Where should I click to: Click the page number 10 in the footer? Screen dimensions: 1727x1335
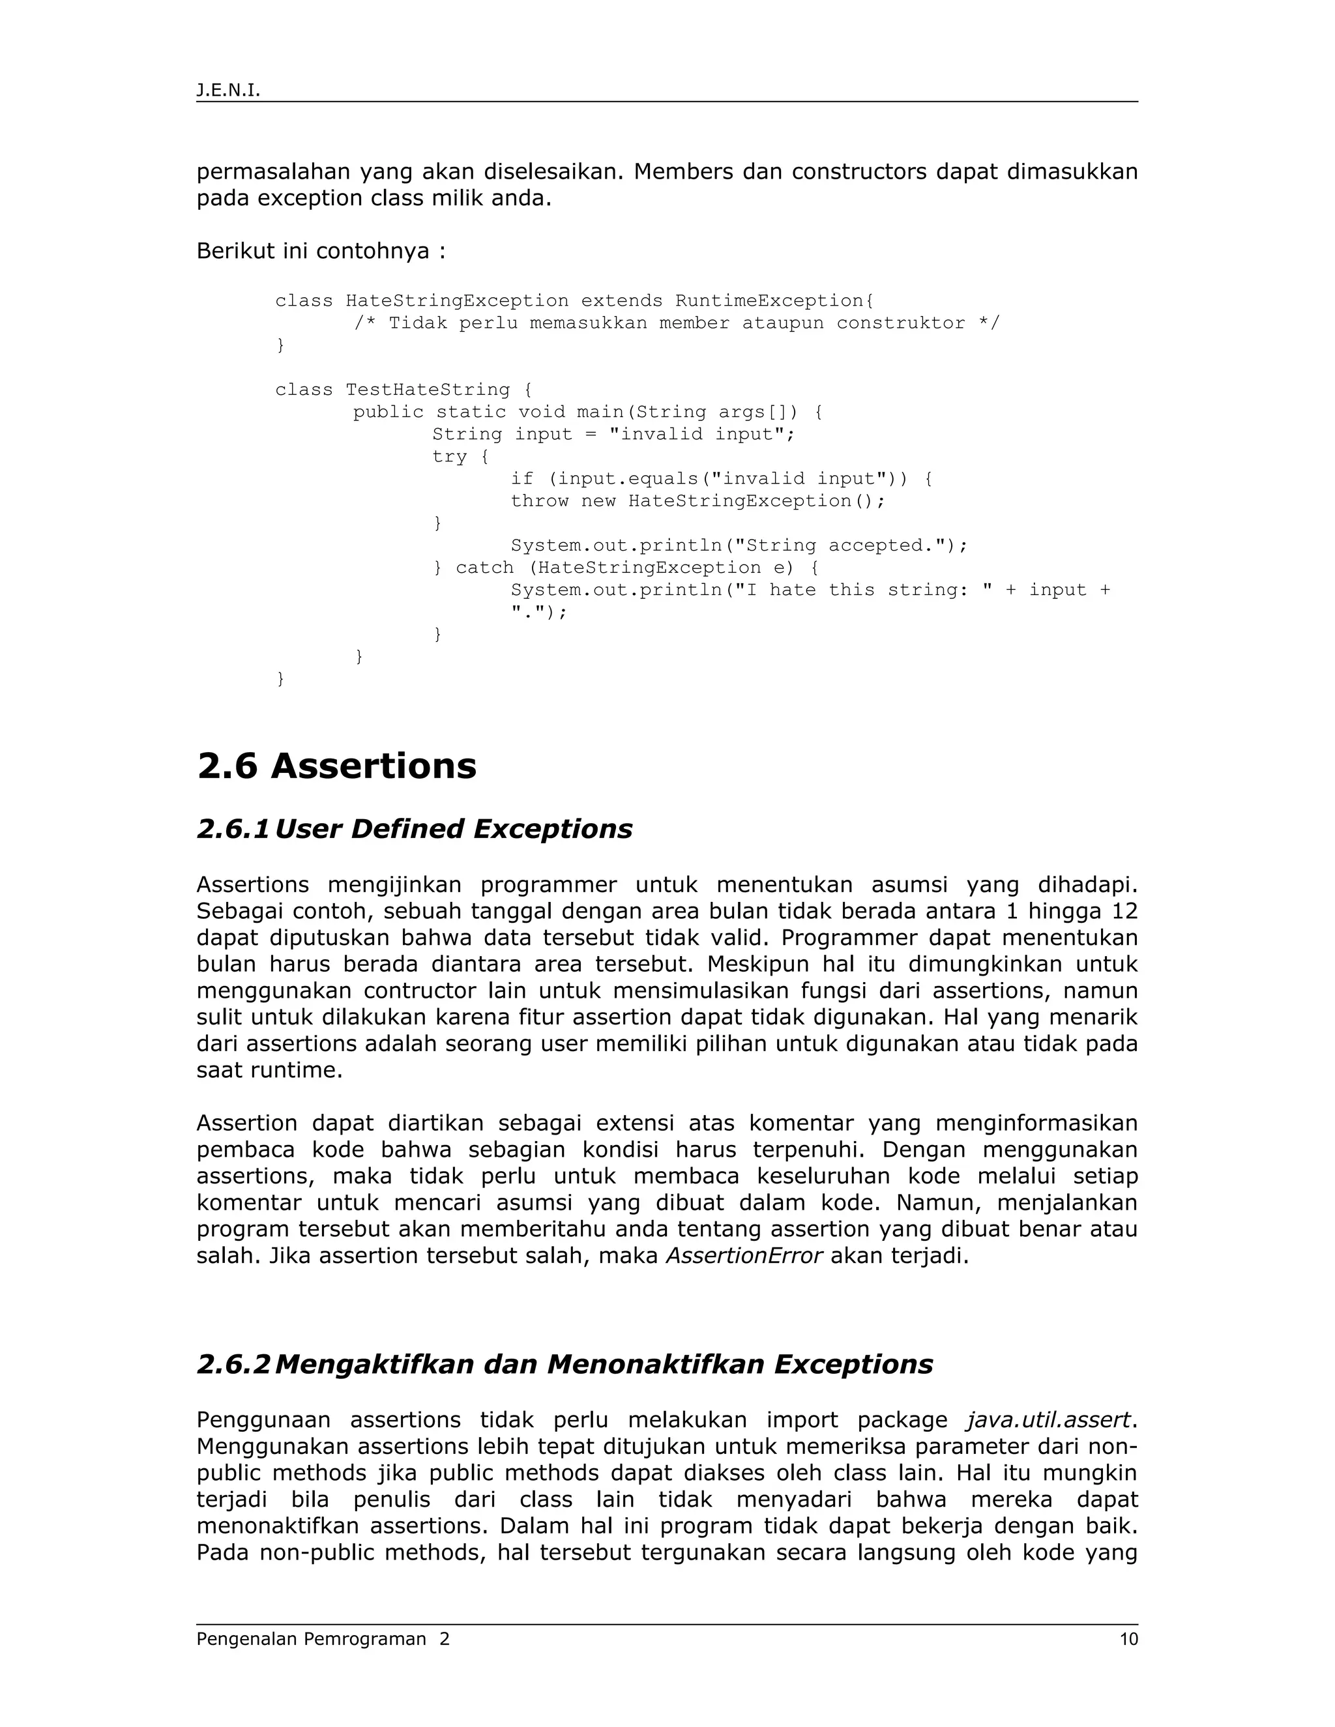tap(1128, 1638)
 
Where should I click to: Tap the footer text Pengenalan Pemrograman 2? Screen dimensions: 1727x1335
tap(323, 1638)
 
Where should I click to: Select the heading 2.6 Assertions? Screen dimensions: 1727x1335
tap(337, 766)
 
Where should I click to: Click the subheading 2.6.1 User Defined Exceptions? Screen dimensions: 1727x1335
tap(415, 829)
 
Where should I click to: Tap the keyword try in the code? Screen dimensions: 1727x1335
tap(449, 457)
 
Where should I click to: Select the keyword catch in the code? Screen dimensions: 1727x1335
tap(484, 568)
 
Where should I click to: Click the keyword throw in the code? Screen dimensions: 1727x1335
tap(539, 501)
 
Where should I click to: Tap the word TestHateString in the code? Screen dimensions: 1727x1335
tap(428, 390)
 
